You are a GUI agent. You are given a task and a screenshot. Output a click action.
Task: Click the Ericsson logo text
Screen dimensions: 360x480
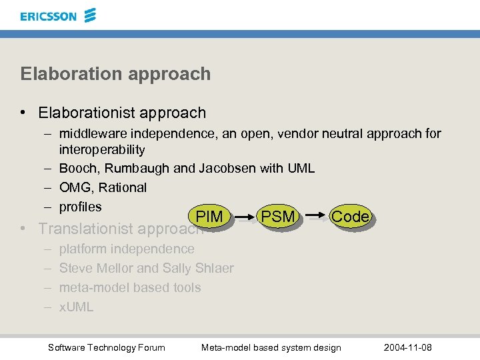pyautogui.click(x=48, y=16)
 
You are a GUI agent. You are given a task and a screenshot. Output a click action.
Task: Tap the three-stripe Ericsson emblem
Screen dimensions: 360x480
pyautogui.click(x=91, y=15)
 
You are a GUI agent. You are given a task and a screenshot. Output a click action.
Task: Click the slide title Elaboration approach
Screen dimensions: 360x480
pyautogui.click(x=115, y=73)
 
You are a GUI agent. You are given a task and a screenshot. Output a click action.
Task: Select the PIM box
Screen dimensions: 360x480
pyautogui.click(x=209, y=217)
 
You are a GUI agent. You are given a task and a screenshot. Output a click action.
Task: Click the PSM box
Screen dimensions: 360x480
pyautogui.click(x=277, y=216)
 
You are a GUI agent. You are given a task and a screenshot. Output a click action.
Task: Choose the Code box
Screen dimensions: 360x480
pyautogui.click(x=350, y=216)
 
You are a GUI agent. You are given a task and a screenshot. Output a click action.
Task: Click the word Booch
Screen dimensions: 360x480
pyautogui.click(x=77, y=168)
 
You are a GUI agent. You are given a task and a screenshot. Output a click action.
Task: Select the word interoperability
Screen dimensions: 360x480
pyautogui.click(x=102, y=149)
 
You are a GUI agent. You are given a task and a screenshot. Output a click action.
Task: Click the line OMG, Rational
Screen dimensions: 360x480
pyautogui.click(x=103, y=187)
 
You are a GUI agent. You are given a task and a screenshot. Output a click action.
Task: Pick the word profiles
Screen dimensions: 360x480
pyautogui.click(x=81, y=207)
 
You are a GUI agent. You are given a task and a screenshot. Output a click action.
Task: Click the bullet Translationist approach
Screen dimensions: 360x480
pyautogui.click(x=120, y=229)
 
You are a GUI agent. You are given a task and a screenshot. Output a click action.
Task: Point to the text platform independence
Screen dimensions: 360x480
pyautogui.click(x=127, y=249)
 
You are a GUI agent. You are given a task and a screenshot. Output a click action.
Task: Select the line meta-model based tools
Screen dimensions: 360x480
pyautogui.click(x=130, y=287)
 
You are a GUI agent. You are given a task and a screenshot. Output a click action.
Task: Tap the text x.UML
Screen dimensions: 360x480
pyautogui.click(x=76, y=307)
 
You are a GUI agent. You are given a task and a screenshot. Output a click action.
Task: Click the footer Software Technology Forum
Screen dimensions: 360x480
pyautogui.click(x=107, y=347)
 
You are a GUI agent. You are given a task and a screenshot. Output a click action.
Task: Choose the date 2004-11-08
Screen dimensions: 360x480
pyautogui.click(x=408, y=347)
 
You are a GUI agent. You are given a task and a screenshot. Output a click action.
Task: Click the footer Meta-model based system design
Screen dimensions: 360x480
pyautogui.click(x=271, y=347)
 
